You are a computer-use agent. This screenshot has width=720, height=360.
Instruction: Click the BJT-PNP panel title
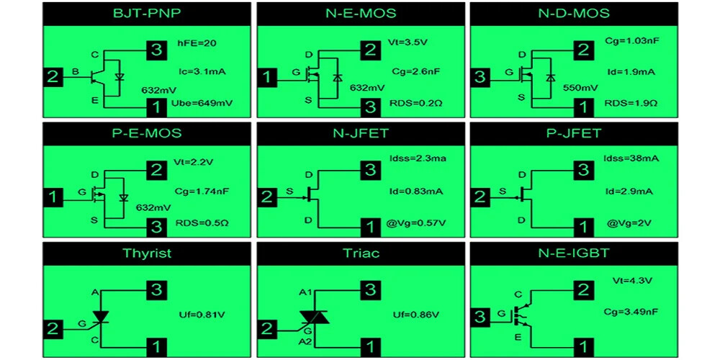pyautogui.click(x=147, y=13)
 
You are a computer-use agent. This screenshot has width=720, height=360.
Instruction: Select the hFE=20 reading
pyautogui.click(x=196, y=44)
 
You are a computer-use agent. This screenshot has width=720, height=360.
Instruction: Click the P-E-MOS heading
pyautogui.click(x=147, y=133)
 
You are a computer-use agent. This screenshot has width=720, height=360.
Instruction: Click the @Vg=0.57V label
pyautogui.click(x=415, y=224)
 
